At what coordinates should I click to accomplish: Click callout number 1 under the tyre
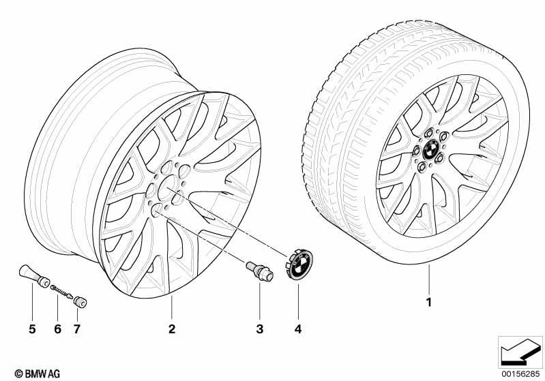point(429,302)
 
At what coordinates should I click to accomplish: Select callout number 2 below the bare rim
point(172,329)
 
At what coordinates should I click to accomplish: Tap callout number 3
point(260,329)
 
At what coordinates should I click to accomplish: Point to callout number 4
point(298,329)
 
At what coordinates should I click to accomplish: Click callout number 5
point(32,329)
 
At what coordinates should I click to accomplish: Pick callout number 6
point(58,329)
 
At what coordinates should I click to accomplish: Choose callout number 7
point(77,329)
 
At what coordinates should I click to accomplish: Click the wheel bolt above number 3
point(259,273)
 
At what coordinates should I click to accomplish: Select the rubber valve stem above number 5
point(34,276)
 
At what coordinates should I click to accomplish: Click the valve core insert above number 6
point(61,292)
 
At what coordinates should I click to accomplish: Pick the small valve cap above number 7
point(80,302)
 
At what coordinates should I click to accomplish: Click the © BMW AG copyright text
point(38,374)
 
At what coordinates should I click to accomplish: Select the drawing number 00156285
point(520,374)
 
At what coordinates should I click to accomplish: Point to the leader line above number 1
point(429,279)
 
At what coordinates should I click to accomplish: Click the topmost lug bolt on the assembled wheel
point(429,133)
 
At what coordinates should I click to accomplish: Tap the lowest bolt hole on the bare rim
point(157,211)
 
